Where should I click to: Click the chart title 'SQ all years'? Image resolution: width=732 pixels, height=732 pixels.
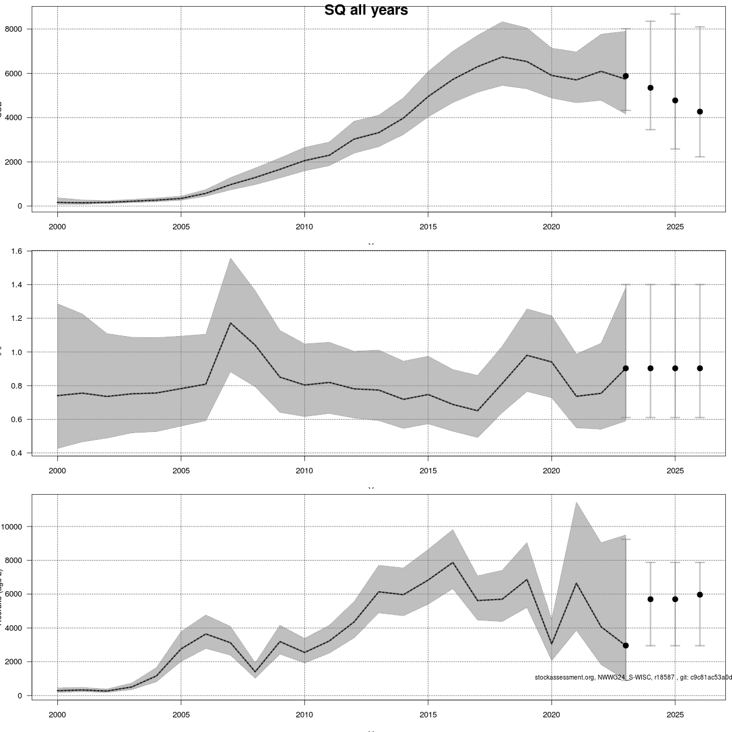point(366,10)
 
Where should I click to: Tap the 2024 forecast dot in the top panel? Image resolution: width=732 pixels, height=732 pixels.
point(650,88)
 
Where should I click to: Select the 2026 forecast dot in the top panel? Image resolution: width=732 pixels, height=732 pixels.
point(700,112)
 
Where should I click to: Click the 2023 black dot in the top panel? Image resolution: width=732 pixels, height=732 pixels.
point(626,76)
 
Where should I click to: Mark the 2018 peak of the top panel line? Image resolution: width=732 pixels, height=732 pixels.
point(502,57)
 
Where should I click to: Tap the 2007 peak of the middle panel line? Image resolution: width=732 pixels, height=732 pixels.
point(231,323)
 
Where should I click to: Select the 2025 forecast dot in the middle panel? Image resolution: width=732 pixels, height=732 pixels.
point(675,368)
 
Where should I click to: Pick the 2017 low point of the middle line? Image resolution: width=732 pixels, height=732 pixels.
point(478,411)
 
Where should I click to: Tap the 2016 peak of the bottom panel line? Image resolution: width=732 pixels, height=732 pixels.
point(453,562)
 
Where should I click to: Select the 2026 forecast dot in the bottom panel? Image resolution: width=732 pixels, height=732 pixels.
point(700,594)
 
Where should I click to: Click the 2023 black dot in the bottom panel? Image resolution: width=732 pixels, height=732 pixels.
point(626,645)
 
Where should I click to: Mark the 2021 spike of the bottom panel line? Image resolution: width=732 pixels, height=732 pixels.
point(576,583)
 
